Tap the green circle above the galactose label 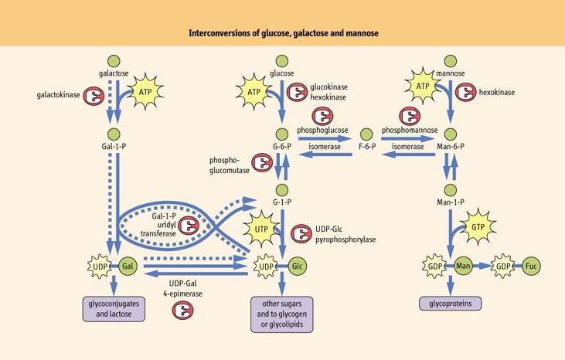pyautogui.click(x=114, y=59)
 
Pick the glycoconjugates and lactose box pyautogui.click(x=114, y=308)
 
